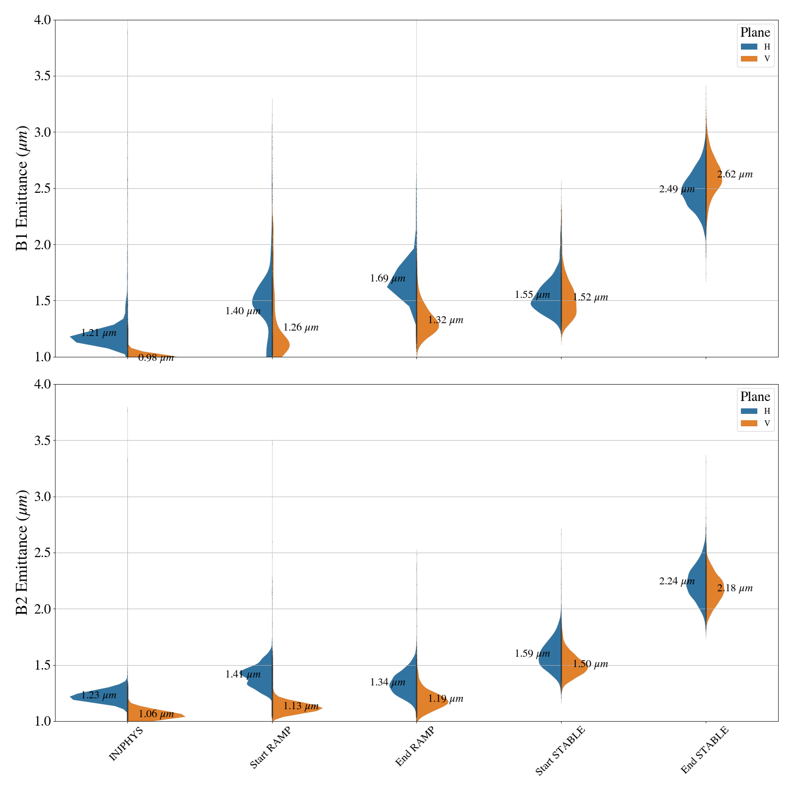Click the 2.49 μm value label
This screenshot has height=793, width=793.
(x=677, y=189)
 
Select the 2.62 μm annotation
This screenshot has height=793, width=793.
(x=735, y=174)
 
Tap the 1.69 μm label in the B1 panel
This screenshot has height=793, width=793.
(x=388, y=279)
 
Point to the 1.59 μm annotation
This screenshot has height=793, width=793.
(x=532, y=654)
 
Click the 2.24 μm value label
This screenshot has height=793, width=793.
(x=677, y=582)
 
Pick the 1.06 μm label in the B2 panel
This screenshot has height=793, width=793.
(x=156, y=714)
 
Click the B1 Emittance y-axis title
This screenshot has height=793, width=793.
(x=22, y=188)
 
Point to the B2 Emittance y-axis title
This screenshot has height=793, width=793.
(x=22, y=553)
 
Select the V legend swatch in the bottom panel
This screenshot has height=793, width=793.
(x=749, y=423)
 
